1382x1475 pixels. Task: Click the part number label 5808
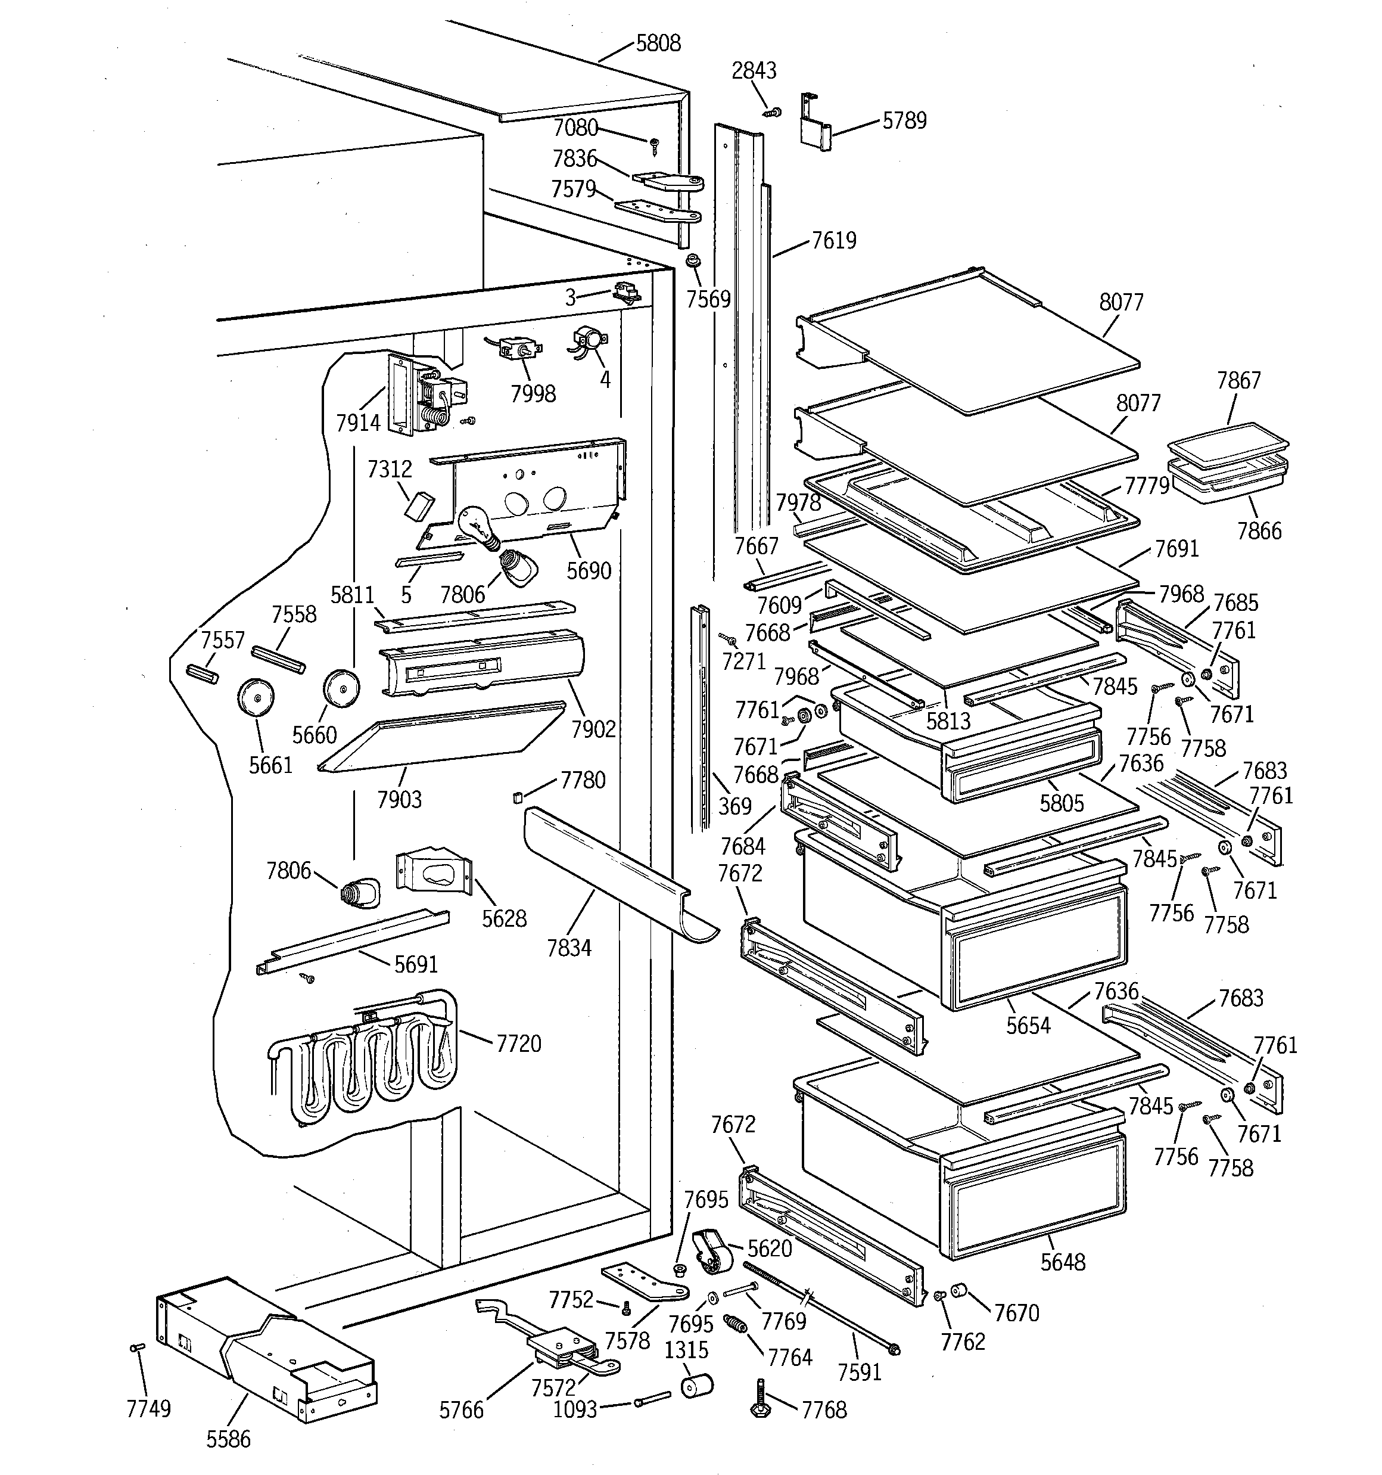(658, 43)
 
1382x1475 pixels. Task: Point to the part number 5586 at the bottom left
(229, 1439)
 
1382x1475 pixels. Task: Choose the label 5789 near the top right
(904, 120)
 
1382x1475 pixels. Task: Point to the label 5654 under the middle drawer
(1028, 1026)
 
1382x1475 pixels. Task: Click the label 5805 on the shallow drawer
(1061, 803)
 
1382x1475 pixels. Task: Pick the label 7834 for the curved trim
(569, 948)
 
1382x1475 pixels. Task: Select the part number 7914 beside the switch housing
(357, 423)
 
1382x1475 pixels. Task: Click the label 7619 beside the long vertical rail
(834, 240)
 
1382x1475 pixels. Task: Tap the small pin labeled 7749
(137, 1347)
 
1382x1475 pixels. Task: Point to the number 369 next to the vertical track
(734, 806)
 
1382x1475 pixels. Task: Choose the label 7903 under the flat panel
(399, 799)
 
